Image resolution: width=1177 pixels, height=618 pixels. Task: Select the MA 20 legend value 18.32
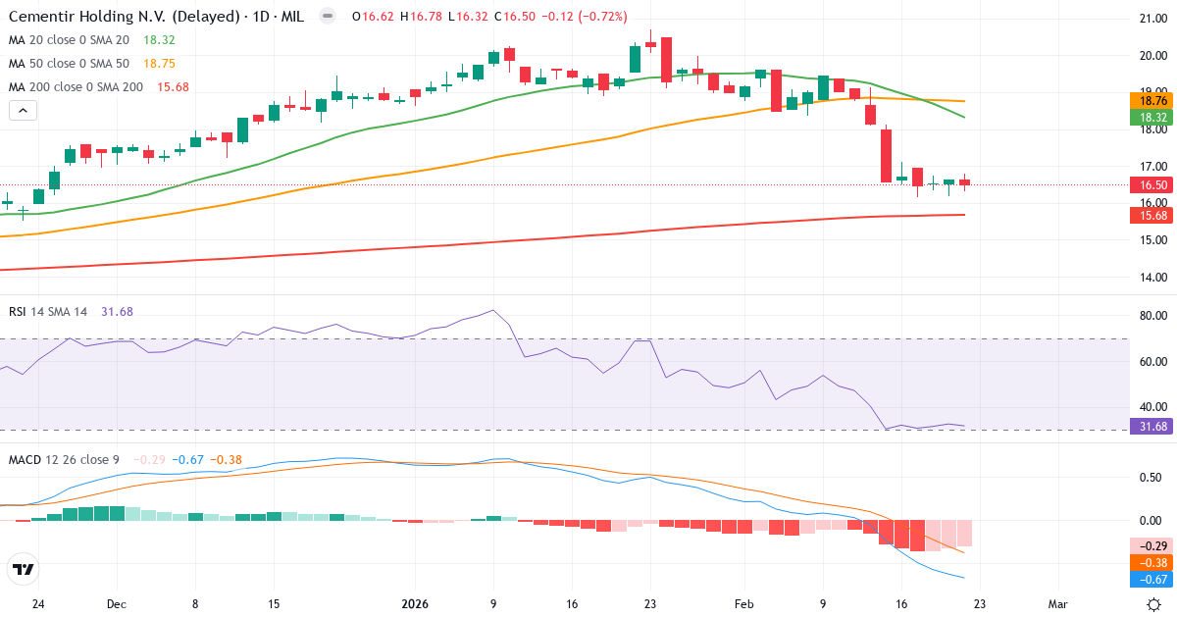click(x=159, y=39)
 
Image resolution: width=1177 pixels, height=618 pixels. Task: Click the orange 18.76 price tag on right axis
click(x=1152, y=100)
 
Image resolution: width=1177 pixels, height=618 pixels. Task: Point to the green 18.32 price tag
click(x=1152, y=117)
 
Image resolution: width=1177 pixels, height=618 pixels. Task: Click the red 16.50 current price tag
click(x=1152, y=184)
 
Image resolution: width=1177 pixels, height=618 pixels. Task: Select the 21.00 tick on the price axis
click(x=1151, y=18)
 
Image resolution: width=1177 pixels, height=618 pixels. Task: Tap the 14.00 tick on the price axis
click(x=1151, y=278)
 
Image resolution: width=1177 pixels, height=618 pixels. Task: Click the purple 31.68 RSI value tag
click(x=1152, y=426)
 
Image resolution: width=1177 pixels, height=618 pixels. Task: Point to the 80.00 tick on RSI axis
click(x=1151, y=316)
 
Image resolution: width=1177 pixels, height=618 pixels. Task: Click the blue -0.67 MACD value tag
click(x=1152, y=580)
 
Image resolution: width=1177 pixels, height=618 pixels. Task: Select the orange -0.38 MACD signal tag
click(x=1152, y=563)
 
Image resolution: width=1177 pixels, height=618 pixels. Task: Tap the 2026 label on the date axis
click(x=413, y=604)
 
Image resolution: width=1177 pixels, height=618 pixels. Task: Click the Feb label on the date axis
click(x=743, y=604)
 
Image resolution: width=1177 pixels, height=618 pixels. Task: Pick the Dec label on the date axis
click(x=116, y=604)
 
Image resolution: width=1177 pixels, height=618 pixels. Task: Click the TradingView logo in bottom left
click(x=24, y=569)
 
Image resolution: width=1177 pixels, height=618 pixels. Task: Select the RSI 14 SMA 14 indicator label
click(x=48, y=311)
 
